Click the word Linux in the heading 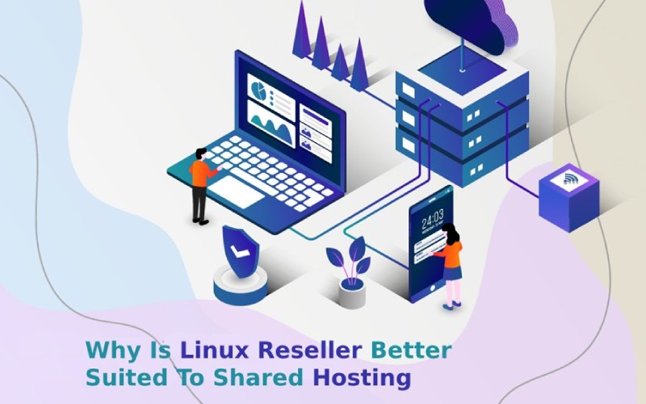click(x=214, y=351)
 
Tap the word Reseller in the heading click(x=310, y=351)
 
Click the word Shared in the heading click(x=258, y=377)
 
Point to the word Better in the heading click(x=411, y=351)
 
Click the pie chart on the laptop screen click(x=258, y=90)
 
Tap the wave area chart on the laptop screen click(x=271, y=125)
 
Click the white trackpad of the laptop click(x=235, y=191)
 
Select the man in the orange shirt click(x=202, y=187)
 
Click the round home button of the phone click(x=432, y=288)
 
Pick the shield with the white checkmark click(x=241, y=251)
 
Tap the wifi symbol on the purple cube click(x=570, y=179)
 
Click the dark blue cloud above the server click(x=471, y=25)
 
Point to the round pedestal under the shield click(x=241, y=285)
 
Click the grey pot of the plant click(x=352, y=293)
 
